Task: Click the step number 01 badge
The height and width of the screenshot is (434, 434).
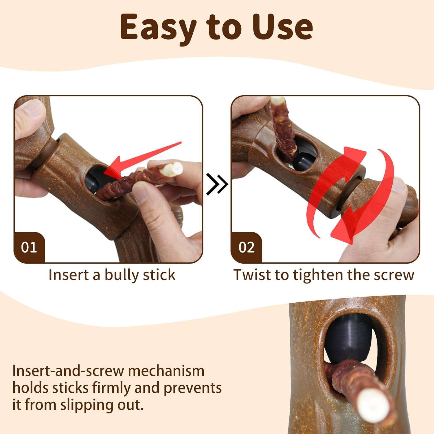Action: (x=29, y=247)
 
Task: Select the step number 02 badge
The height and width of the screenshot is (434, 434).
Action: (x=247, y=247)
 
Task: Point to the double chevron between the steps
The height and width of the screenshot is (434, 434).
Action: (x=217, y=184)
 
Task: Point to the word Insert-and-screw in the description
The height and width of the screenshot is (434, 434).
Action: (x=68, y=371)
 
